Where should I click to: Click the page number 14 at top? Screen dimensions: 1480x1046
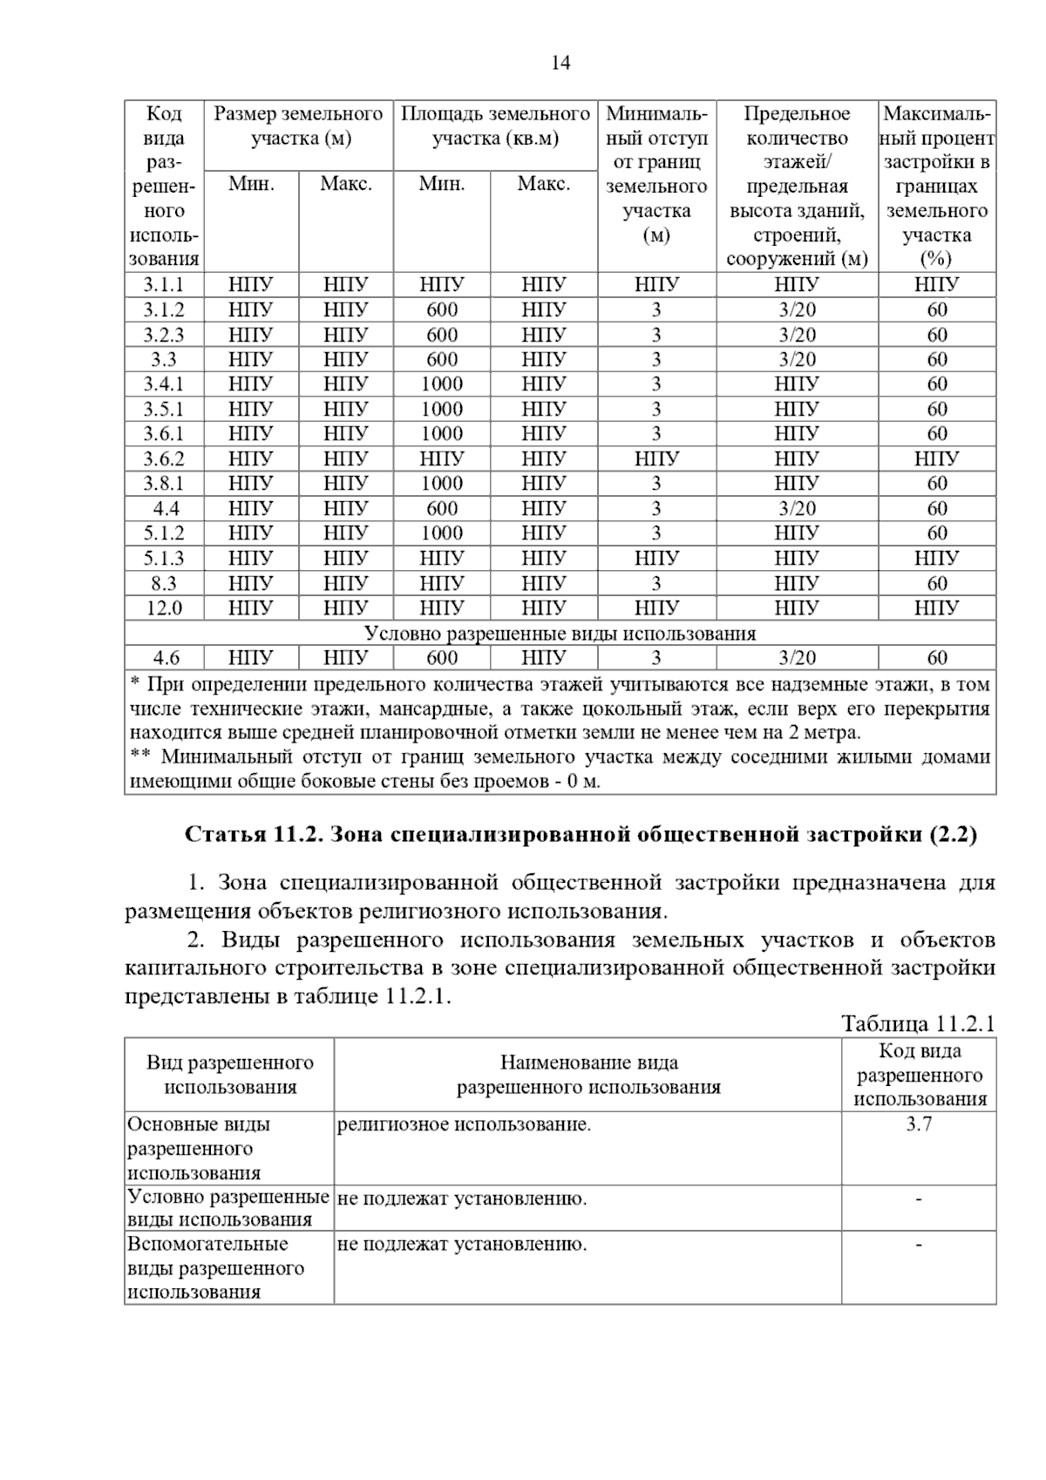point(560,63)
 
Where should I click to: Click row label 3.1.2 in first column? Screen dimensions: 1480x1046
point(164,309)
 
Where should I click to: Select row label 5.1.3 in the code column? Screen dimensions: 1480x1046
point(164,558)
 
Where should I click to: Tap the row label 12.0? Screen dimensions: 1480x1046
point(164,608)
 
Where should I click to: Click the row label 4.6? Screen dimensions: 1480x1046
point(164,658)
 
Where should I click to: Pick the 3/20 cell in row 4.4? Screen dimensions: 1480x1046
point(797,508)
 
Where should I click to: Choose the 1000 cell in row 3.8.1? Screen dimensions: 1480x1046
point(441,483)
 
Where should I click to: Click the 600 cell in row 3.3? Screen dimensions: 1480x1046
point(441,359)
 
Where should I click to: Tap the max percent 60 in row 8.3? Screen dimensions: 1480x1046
point(937,583)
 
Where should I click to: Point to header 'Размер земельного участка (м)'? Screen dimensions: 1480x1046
point(299,126)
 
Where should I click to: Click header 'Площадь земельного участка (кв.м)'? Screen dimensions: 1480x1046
point(495,126)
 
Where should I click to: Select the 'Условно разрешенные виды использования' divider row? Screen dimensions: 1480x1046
point(560,634)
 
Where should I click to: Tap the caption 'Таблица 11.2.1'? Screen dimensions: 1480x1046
point(917,1023)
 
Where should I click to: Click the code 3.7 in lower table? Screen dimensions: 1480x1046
point(919,1124)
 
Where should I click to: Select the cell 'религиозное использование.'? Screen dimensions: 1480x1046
point(464,1124)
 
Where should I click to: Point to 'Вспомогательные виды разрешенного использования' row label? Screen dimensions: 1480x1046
point(216,1267)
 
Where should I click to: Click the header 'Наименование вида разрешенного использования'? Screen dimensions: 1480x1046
point(588,1075)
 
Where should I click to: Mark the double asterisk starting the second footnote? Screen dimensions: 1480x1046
point(139,757)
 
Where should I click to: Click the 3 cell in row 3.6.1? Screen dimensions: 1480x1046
point(656,433)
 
